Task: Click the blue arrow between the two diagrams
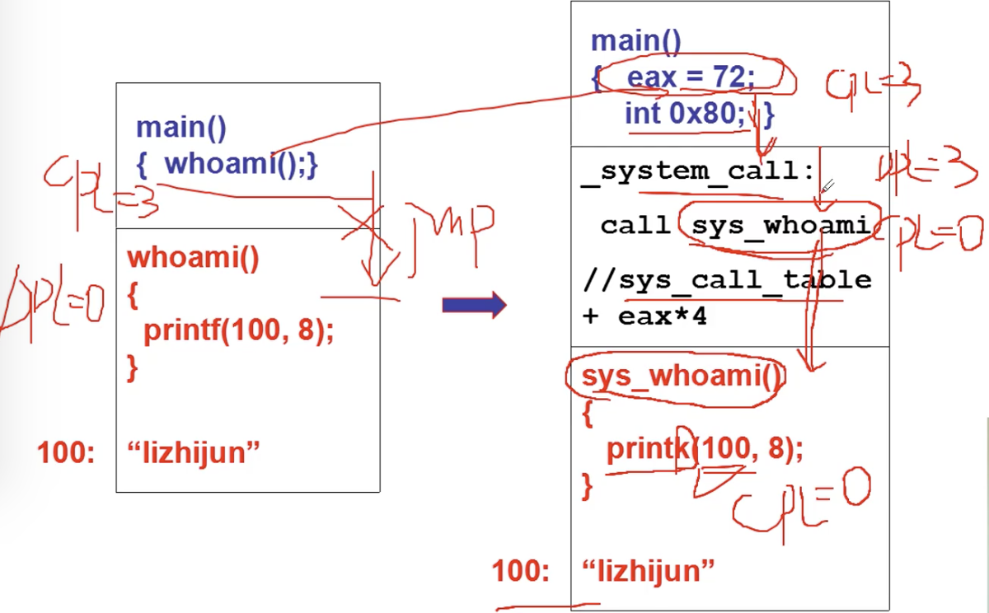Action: (473, 306)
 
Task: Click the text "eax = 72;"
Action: (691, 78)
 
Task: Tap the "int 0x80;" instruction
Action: (684, 113)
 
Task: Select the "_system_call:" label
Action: (698, 171)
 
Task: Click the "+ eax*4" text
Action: (644, 316)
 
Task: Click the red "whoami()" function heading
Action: (193, 259)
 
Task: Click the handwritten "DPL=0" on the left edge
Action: (49, 301)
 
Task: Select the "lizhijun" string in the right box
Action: (648, 570)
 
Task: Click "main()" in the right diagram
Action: (636, 40)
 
